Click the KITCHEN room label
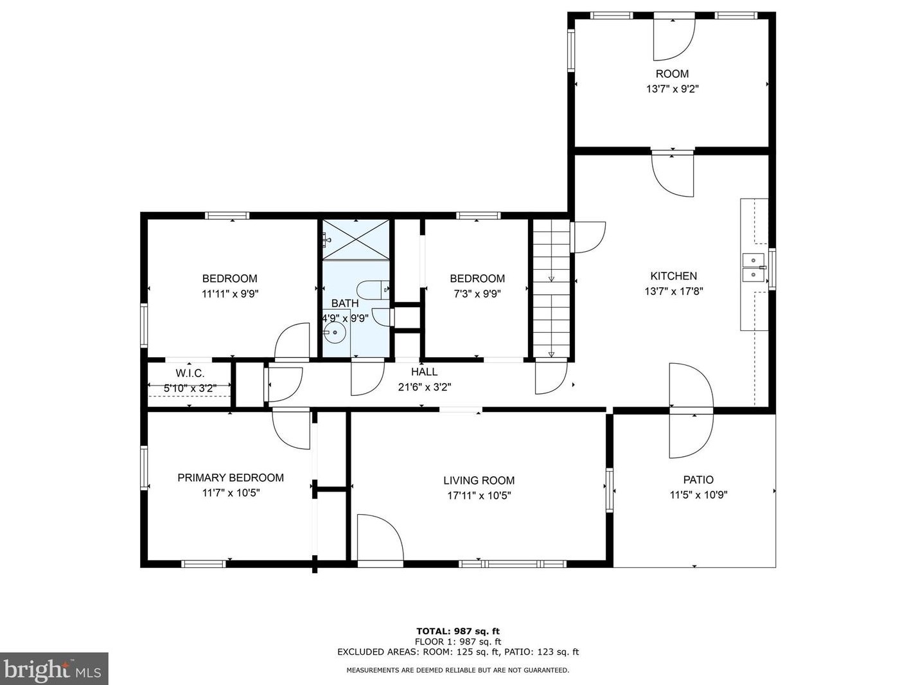point(674,276)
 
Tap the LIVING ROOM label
point(479,481)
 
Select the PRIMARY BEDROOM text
point(231,477)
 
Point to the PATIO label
point(698,479)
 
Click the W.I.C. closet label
point(190,373)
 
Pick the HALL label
point(424,371)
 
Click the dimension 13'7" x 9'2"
point(673,89)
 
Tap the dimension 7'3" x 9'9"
point(477,294)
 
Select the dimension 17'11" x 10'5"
point(479,495)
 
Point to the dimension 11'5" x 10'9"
point(699,495)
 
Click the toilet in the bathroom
point(373,290)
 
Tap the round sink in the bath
point(335,332)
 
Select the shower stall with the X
point(356,240)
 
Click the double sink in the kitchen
point(753,267)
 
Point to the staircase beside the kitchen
point(551,289)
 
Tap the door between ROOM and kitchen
point(673,174)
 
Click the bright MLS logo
point(54,669)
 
